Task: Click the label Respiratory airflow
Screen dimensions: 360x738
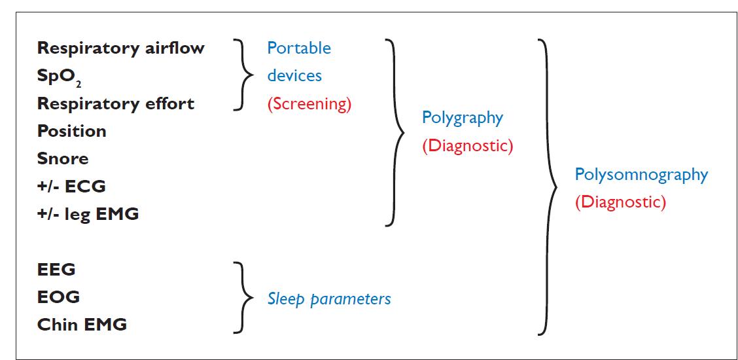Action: [120, 48]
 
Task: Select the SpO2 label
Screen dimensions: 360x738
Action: [60, 77]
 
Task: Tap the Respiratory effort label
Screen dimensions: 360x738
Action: [115, 104]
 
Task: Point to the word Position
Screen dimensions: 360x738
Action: [71, 132]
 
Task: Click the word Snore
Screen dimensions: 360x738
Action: [62, 159]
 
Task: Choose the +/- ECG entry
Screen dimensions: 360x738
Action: [71, 187]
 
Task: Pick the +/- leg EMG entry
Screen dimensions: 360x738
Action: [88, 214]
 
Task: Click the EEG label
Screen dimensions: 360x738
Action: [56, 270]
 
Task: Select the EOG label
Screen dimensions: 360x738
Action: [58, 297]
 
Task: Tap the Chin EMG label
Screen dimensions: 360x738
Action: [82, 325]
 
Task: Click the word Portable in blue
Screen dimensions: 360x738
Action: [299, 48]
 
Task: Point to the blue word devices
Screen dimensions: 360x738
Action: [294, 76]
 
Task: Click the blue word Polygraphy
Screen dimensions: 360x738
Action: [462, 118]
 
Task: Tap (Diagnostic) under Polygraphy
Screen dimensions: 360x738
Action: [467, 146]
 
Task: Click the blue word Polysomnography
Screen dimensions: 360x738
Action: [641, 175]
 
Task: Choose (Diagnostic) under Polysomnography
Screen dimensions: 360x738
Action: [620, 202]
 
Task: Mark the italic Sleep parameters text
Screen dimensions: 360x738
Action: [329, 299]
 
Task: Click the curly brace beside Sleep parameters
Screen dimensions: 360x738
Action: [245, 297]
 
